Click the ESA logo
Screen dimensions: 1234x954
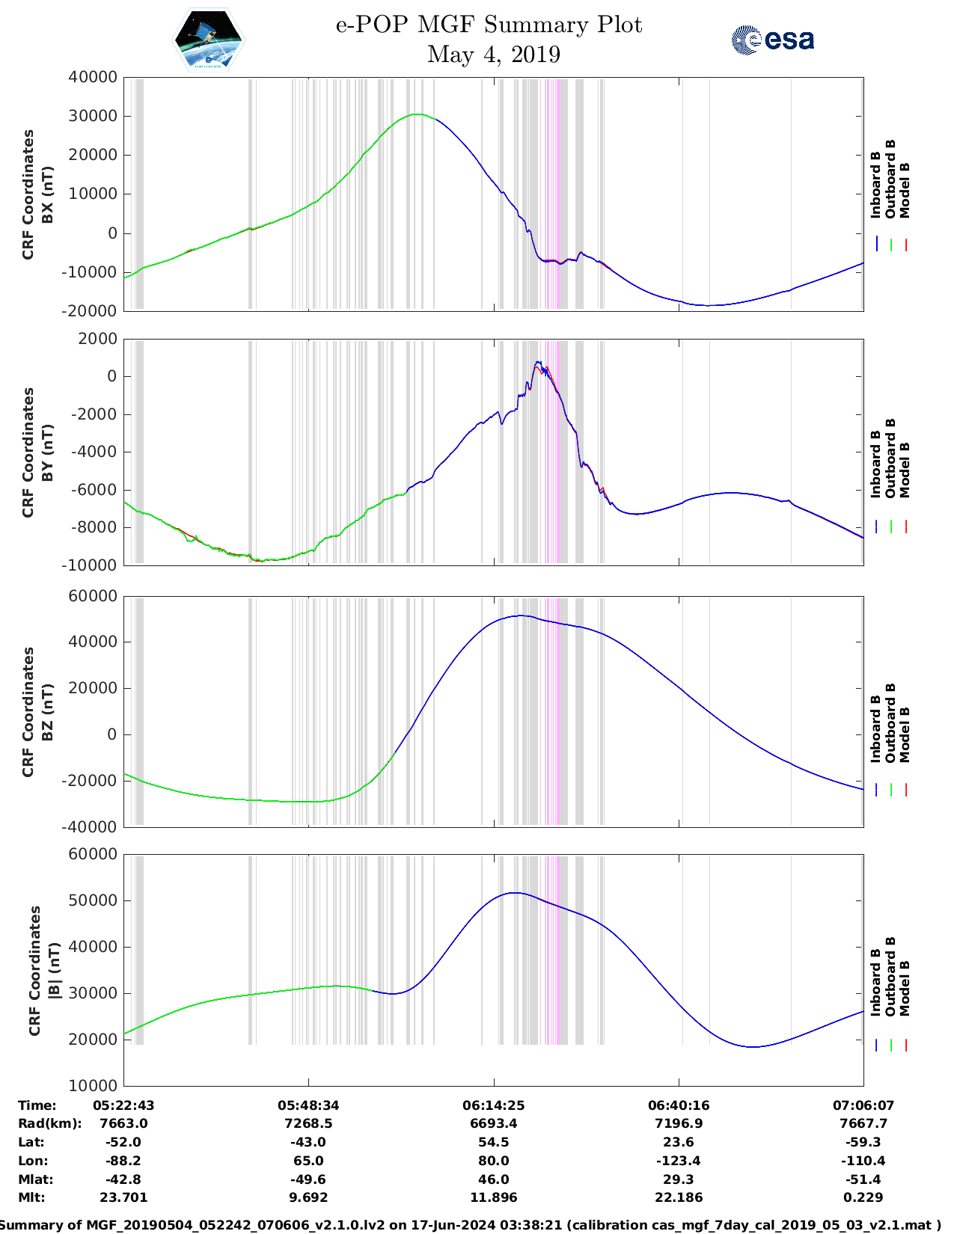[772, 40]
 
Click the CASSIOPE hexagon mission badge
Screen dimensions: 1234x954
[208, 40]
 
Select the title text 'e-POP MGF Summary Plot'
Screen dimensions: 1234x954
[489, 25]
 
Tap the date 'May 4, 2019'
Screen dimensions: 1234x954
[493, 55]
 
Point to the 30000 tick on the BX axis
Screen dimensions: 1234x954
[93, 116]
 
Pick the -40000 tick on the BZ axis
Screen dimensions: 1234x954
[93, 826]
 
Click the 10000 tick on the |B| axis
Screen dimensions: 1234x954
[93, 1085]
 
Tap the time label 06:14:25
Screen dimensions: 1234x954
[493, 1105]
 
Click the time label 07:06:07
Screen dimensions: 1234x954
[863, 1105]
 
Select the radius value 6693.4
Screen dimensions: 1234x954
[493, 1123]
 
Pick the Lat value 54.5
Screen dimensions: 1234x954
[493, 1142]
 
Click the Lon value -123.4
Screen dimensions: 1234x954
[679, 1161]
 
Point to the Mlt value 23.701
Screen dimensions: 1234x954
[123, 1197]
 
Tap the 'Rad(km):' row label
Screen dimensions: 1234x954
[49, 1123]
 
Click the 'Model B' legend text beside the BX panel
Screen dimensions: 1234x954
[905, 190]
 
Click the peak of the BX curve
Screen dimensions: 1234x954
[418, 114]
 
